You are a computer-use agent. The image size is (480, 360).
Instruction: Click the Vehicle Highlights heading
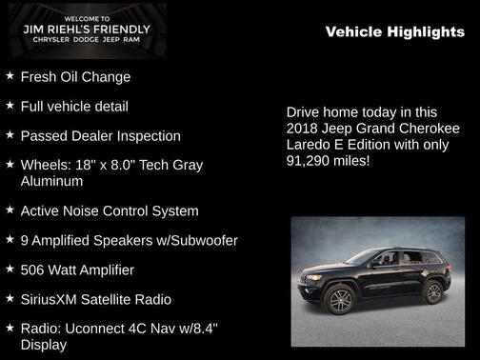click(395, 32)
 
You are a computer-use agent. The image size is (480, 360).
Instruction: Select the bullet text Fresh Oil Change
click(75, 77)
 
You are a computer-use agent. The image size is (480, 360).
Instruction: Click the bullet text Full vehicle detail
click(74, 107)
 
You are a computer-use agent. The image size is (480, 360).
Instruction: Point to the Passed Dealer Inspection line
click(100, 136)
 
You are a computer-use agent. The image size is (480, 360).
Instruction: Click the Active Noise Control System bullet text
click(110, 210)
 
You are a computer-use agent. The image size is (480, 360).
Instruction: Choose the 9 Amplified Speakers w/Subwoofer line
click(129, 240)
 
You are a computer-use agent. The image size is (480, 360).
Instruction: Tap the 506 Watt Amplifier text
click(84, 270)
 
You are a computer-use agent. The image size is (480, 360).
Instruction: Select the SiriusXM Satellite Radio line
click(96, 300)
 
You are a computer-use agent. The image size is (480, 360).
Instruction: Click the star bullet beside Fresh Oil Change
click(10, 75)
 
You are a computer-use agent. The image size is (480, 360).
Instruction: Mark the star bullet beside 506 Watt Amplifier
click(10, 269)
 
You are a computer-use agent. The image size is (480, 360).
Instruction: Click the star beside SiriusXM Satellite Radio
click(10, 298)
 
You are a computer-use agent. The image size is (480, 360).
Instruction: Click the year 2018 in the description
click(305, 129)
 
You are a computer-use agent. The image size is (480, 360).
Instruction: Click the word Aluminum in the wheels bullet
click(51, 181)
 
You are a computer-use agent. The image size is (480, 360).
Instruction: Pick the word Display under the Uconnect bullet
click(44, 345)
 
